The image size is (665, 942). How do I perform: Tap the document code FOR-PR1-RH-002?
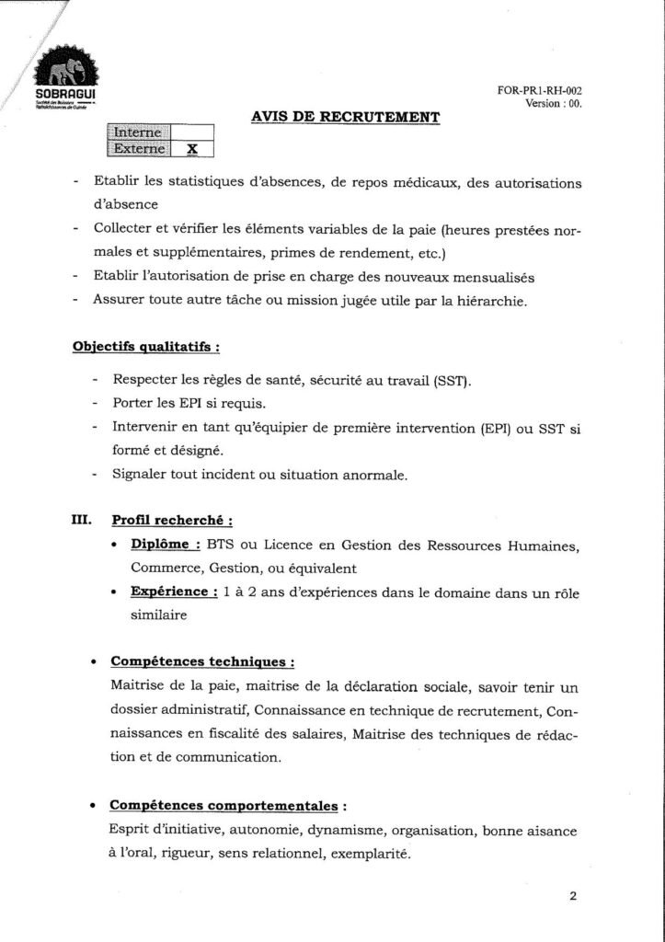pyautogui.click(x=543, y=90)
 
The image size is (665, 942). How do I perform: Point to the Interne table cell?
pyautogui.click(x=139, y=132)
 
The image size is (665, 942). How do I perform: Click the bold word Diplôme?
pyautogui.click(x=166, y=545)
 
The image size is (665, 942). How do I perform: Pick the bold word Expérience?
pyautogui.click(x=174, y=592)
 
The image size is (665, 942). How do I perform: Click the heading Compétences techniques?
pyautogui.click(x=201, y=661)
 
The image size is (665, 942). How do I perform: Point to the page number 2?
pyautogui.click(x=572, y=898)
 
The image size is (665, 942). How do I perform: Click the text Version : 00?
pyautogui.click(x=553, y=103)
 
